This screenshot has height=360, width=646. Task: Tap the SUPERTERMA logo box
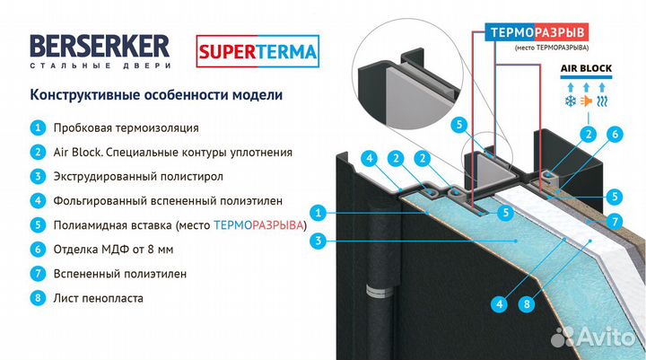[258, 51]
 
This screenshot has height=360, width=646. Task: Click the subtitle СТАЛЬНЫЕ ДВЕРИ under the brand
[100, 67]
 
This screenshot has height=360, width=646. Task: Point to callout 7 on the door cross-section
[614, 220]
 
